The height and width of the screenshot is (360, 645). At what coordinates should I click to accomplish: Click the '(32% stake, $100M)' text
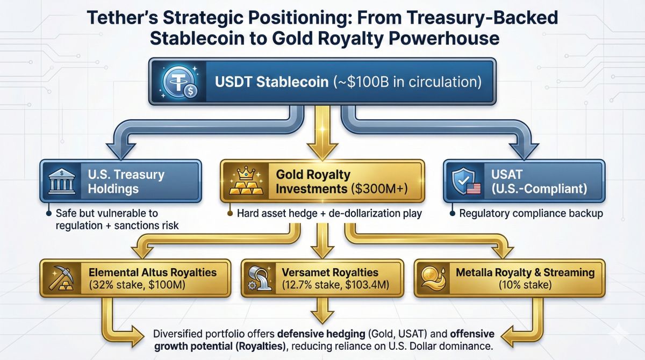point(137,285)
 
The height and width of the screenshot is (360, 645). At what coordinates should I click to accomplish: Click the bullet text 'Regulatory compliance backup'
point(531,213)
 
